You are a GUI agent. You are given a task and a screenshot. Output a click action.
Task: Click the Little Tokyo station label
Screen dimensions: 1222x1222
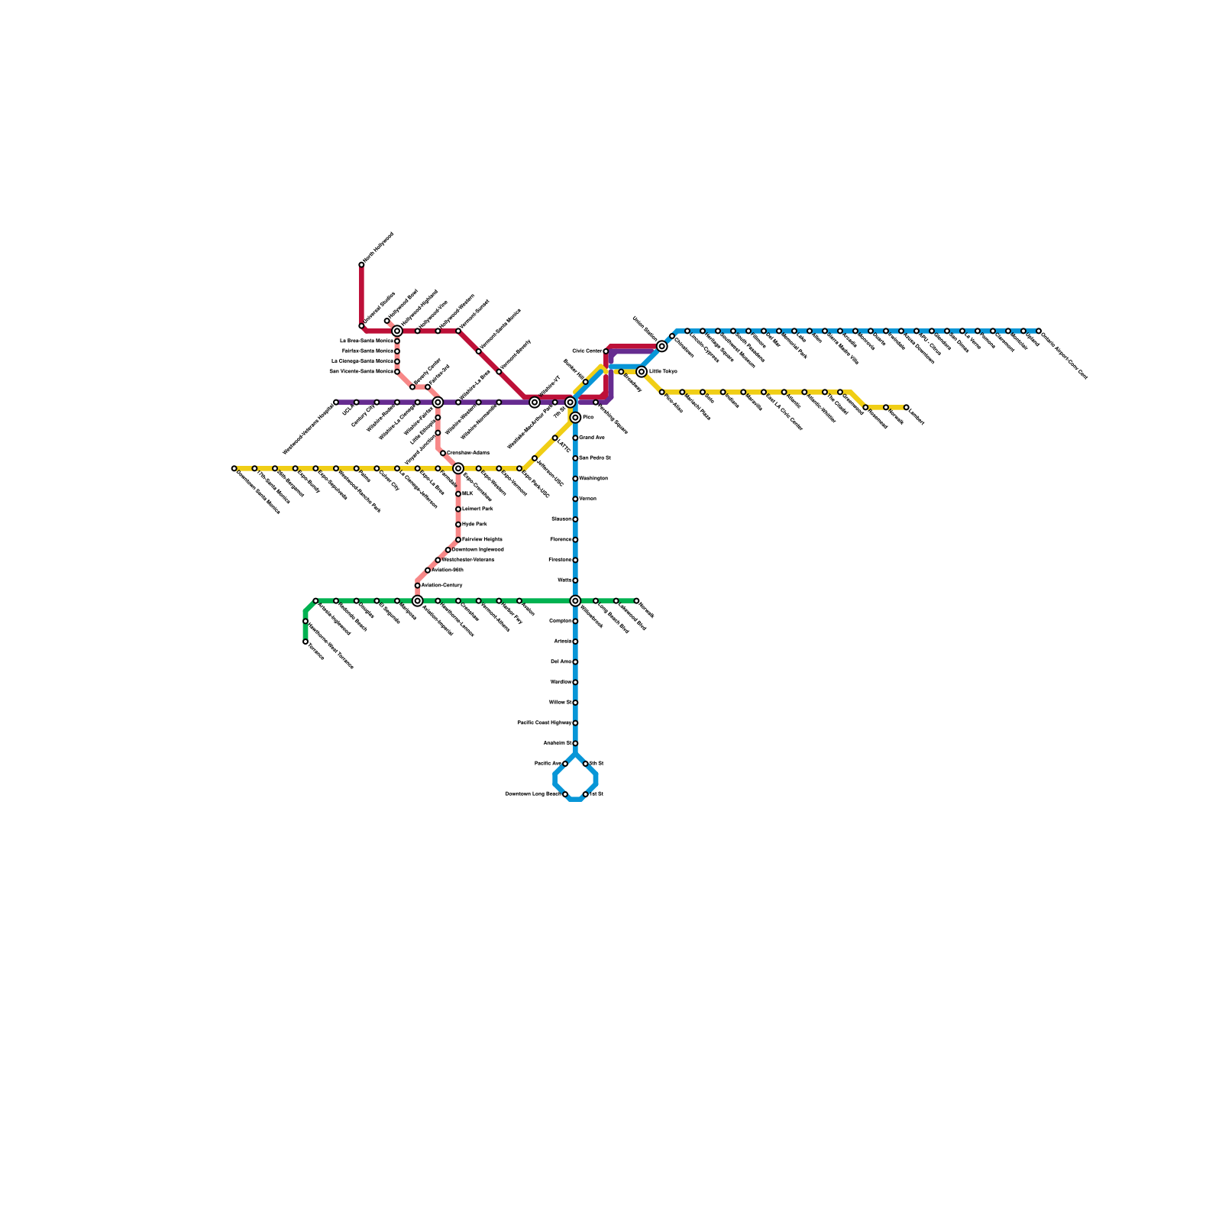tap(663, 372)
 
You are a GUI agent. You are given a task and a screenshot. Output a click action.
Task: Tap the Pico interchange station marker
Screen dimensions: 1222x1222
tap(575, 418)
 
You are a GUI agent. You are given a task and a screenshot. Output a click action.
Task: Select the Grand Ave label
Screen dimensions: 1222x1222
tap(592, 438)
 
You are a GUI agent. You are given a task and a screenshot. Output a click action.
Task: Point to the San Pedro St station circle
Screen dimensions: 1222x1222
tap(575, 458)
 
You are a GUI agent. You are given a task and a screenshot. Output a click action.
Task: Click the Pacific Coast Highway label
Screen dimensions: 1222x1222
tap(545, 723)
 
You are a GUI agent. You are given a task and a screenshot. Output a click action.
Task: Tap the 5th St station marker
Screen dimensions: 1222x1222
tap(586, 764)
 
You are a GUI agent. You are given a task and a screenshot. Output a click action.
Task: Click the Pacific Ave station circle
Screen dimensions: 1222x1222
tap(565, 764)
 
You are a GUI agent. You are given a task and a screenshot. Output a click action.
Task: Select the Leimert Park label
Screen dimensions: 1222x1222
tap(477, 509)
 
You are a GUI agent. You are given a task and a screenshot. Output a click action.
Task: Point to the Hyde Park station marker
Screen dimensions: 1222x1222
tap(458, 525)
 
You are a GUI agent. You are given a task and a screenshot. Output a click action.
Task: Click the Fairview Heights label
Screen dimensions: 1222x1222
tap(482, 540)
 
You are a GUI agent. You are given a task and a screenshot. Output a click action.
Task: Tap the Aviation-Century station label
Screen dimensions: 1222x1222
tap(442, 585)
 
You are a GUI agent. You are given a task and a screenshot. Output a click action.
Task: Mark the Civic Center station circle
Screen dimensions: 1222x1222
tap(606, 351)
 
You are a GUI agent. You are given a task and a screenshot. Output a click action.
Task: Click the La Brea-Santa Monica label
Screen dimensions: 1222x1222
tap(367, 341)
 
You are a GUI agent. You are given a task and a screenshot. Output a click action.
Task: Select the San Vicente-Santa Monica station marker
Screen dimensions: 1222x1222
tap(397, 372)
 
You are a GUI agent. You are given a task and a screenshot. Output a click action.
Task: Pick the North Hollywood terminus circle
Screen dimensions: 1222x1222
tap(361, 265)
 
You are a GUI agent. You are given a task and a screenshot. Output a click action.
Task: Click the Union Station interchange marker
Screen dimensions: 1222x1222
tap(661, 346)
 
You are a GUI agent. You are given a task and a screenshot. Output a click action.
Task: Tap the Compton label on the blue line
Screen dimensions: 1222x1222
tap(560, 621)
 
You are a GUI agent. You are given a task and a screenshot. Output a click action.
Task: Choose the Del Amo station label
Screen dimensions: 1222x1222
tap(561, 661)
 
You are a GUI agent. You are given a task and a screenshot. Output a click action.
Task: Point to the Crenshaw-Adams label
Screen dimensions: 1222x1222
tap(467, 453)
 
